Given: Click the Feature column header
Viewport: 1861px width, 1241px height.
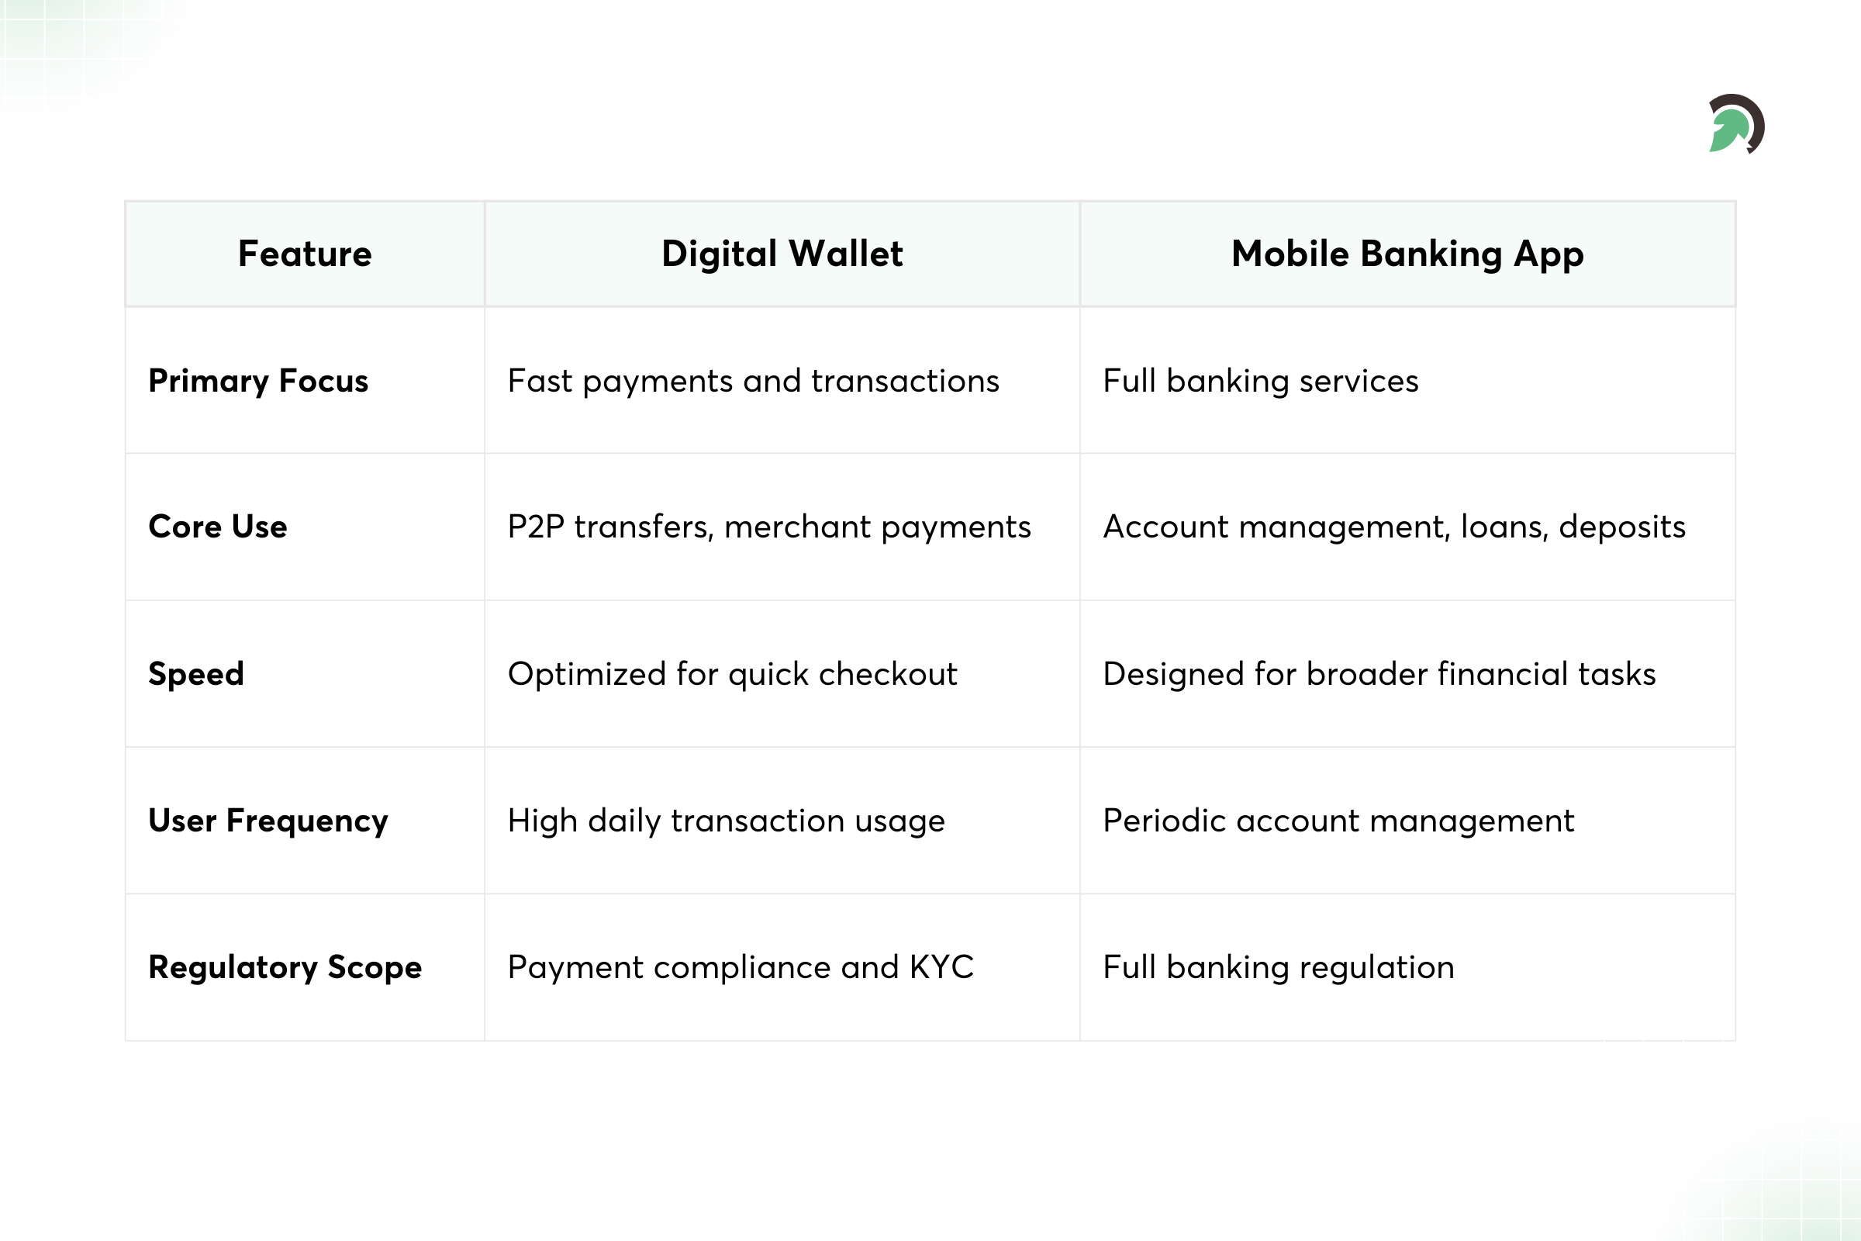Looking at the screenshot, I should [x=305, y=254].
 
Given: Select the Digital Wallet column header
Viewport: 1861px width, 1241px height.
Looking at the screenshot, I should [x=782, y=254].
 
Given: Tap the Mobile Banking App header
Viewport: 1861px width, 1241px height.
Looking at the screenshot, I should [x=1407, y=254].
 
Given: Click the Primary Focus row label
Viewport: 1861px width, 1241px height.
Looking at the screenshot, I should [x=258, y=381].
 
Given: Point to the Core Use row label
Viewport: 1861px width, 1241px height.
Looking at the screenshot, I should [x=218, y=527].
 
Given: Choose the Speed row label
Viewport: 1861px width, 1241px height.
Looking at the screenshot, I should [x=196, y=674].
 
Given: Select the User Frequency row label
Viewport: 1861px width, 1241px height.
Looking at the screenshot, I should [x=268, y=821].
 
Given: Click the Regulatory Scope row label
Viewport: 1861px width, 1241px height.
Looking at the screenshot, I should [x=285, y=967].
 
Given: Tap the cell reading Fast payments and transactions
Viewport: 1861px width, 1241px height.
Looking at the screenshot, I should [x=753, y=381].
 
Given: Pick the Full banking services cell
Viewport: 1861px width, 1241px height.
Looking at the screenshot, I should [x=1261, y=381].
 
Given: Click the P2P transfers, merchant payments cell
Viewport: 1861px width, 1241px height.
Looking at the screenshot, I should [x=769, y=527].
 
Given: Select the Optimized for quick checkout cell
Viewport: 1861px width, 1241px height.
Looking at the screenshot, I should [x=733, y=674].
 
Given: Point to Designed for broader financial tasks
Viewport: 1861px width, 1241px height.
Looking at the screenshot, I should [x=1379, y=674].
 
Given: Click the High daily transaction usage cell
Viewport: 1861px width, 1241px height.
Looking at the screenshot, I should [x=727, y=821].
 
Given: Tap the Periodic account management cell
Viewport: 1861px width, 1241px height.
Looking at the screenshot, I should [x=1338, y=821].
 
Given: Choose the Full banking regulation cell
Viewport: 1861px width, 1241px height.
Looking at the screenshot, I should [x=1279, y=967].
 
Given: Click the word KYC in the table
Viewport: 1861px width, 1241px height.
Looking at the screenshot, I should [x=941, y=967].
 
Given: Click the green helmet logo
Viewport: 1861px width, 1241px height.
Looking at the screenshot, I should [x=1735, y=124].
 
